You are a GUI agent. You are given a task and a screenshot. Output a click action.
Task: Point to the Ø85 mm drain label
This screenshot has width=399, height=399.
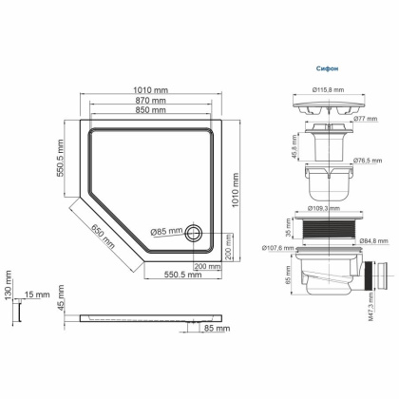click(166, 231)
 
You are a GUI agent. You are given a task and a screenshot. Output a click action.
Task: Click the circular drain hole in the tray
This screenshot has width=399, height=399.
click(194, 232)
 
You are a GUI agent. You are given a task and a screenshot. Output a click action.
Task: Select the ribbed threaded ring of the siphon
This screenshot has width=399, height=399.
click(328, 229)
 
